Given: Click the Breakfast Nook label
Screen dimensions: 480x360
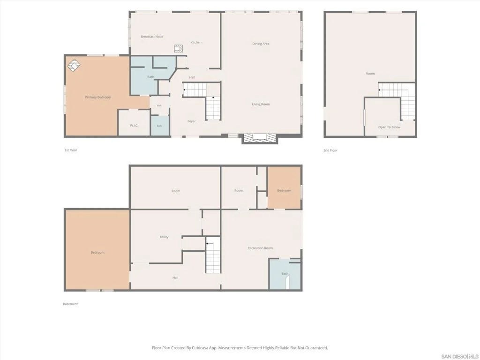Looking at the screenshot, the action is tap(152, 37).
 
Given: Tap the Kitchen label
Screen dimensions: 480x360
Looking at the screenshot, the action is tap(196, 43).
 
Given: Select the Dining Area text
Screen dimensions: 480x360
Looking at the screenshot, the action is tap(261, 44).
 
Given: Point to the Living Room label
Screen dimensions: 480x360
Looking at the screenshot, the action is tap(261, 105).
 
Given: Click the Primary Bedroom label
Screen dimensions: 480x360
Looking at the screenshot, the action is tap(98, 97).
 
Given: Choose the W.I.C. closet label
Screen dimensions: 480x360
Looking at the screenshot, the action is tap(134, 126).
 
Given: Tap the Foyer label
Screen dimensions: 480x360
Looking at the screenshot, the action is tap(192, 121).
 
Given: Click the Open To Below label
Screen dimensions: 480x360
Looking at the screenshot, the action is tap(389, 127).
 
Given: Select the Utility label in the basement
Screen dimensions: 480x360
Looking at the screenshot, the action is tap(164, 237).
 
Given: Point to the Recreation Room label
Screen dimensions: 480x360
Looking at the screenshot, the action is tap(260, 248).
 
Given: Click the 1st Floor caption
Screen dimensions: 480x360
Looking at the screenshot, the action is tap(71, 150).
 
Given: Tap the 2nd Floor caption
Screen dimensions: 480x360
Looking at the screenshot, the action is tap(330, 150).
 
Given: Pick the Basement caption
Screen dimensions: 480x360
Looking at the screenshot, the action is tap(70, 304).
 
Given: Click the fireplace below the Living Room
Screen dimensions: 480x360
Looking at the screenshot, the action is tap(260, 138).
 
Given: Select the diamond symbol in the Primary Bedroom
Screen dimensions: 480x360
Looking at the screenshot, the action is tap(74, 65).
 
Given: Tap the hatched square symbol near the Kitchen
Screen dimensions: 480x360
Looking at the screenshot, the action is tap(179, 48).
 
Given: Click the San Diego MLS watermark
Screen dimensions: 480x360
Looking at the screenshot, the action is tap(460, 357).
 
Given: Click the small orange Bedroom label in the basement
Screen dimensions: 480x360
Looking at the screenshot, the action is tap(284, 191).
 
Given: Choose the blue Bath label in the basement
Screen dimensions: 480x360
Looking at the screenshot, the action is tap(285, 274).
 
